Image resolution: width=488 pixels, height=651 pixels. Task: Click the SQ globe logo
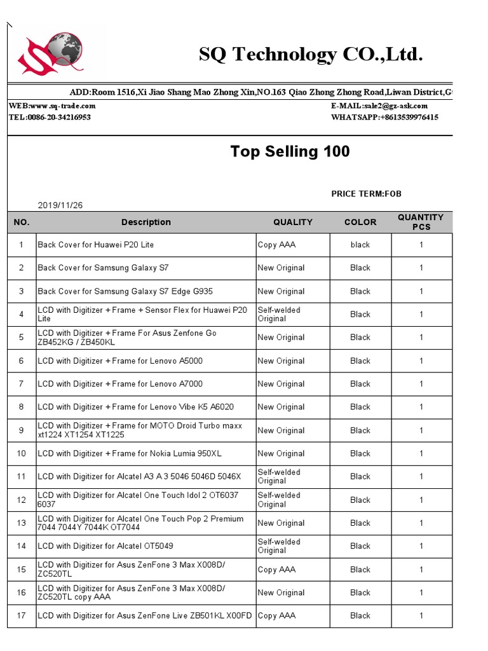click(51, 53)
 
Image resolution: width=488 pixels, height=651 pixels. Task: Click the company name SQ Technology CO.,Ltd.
click(310, 55)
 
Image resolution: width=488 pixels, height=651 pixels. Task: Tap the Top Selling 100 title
click(290, 151)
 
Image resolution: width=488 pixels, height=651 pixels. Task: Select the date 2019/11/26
click(60, 205)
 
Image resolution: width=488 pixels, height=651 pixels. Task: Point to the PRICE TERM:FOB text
click(366, 194)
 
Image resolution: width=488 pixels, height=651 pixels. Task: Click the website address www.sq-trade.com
click(63, 106)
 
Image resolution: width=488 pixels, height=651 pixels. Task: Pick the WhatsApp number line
click(384, 118)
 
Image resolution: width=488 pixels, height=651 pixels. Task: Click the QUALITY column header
click(293, 222)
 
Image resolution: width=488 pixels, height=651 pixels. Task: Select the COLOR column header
click(360, 222)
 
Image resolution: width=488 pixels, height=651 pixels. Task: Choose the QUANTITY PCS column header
click(421, 222)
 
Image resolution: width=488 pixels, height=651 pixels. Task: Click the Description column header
click(146, 222)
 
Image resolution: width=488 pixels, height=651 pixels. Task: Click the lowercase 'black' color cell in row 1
click(360, 245)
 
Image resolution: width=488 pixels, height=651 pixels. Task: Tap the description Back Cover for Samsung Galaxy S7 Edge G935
click(125, 291)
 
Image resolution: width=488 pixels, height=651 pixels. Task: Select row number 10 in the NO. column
click(22, 453)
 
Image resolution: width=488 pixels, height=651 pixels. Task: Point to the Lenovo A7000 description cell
click(120, 384)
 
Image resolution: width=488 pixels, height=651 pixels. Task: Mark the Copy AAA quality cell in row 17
click(276, 615)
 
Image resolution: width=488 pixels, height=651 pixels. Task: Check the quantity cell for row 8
click(421, 407)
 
